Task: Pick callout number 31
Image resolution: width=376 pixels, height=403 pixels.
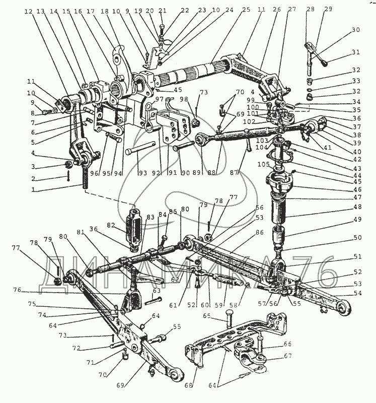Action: [356, 52]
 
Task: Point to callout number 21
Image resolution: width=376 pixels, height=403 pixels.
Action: [162, 11]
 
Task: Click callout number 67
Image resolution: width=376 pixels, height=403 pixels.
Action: [287, 356]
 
